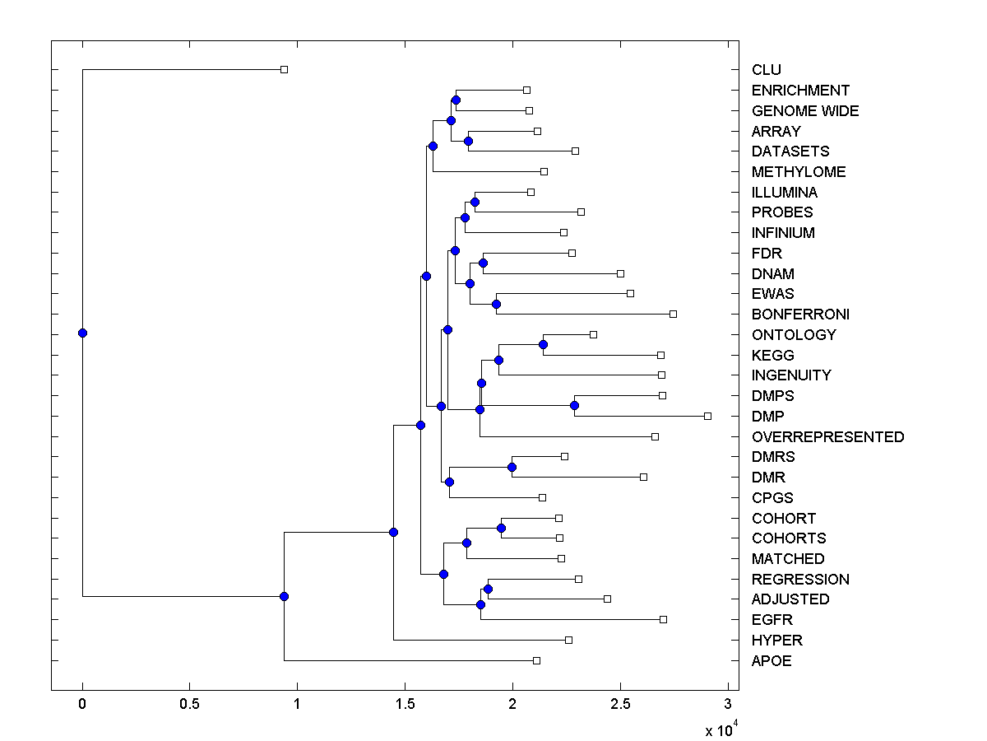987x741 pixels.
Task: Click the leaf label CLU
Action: pos(766,70)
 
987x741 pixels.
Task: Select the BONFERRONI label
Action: pos(800,315)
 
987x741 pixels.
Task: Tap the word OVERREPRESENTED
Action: pos(827,437)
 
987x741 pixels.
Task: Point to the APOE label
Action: pos(772,661)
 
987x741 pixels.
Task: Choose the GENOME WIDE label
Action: pos(805,111)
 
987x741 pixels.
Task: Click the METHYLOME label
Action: pos(799,172)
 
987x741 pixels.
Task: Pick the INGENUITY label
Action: pos(791,375)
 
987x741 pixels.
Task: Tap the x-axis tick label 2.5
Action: pos(620,704)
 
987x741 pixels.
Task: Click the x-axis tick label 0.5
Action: pos(189,704)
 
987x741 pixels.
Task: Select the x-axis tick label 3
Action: pos(727,704)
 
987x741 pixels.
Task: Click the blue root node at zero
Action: pos(82,333)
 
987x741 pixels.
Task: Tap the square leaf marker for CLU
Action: pos(284,69)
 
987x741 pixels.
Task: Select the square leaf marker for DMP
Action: pos(707,416)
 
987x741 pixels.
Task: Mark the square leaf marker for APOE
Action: pos(536,660)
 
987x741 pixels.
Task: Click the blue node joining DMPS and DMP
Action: pos(574,405)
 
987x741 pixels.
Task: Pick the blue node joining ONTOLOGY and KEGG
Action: pos(543,344)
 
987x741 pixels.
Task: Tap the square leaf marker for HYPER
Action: pos(568,640)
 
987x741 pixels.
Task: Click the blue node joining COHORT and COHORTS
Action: pos(501,528)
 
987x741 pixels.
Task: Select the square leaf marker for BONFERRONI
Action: pos(673,314)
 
